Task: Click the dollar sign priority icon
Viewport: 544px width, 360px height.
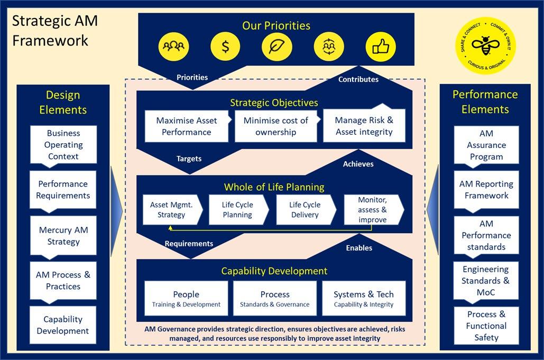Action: [x=226, y=47]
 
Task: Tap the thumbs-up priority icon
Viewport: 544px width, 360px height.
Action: [x=380, y=47]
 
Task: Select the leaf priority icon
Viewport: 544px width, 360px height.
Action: [x=276, y=47]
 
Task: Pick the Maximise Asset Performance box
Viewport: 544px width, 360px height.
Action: [x=187, y=126]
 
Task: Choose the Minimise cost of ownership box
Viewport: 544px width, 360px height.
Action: [x=275, y=126]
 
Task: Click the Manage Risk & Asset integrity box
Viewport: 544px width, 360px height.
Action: [x=364, y=126]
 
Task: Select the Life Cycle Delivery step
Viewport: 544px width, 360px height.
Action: [x=305, y=209]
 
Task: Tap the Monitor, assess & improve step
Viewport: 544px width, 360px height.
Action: [x=372, y=209]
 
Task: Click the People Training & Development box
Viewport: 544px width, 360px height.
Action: [x=186, y=298]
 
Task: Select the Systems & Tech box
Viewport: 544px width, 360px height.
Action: [x=364, y=298]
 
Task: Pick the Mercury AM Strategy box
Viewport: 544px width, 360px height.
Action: [x=63, y=236]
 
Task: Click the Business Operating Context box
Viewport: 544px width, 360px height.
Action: [x=63, y=145]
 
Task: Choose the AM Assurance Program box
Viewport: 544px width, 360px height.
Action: [x=486, y=145]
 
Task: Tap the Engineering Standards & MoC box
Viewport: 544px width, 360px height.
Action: [x=486, y=281]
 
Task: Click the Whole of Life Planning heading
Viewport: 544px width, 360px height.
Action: [x=274, y=187]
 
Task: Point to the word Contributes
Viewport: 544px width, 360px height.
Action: [x=358, y=79]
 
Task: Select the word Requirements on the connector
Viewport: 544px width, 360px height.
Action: [x=189, y=244]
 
